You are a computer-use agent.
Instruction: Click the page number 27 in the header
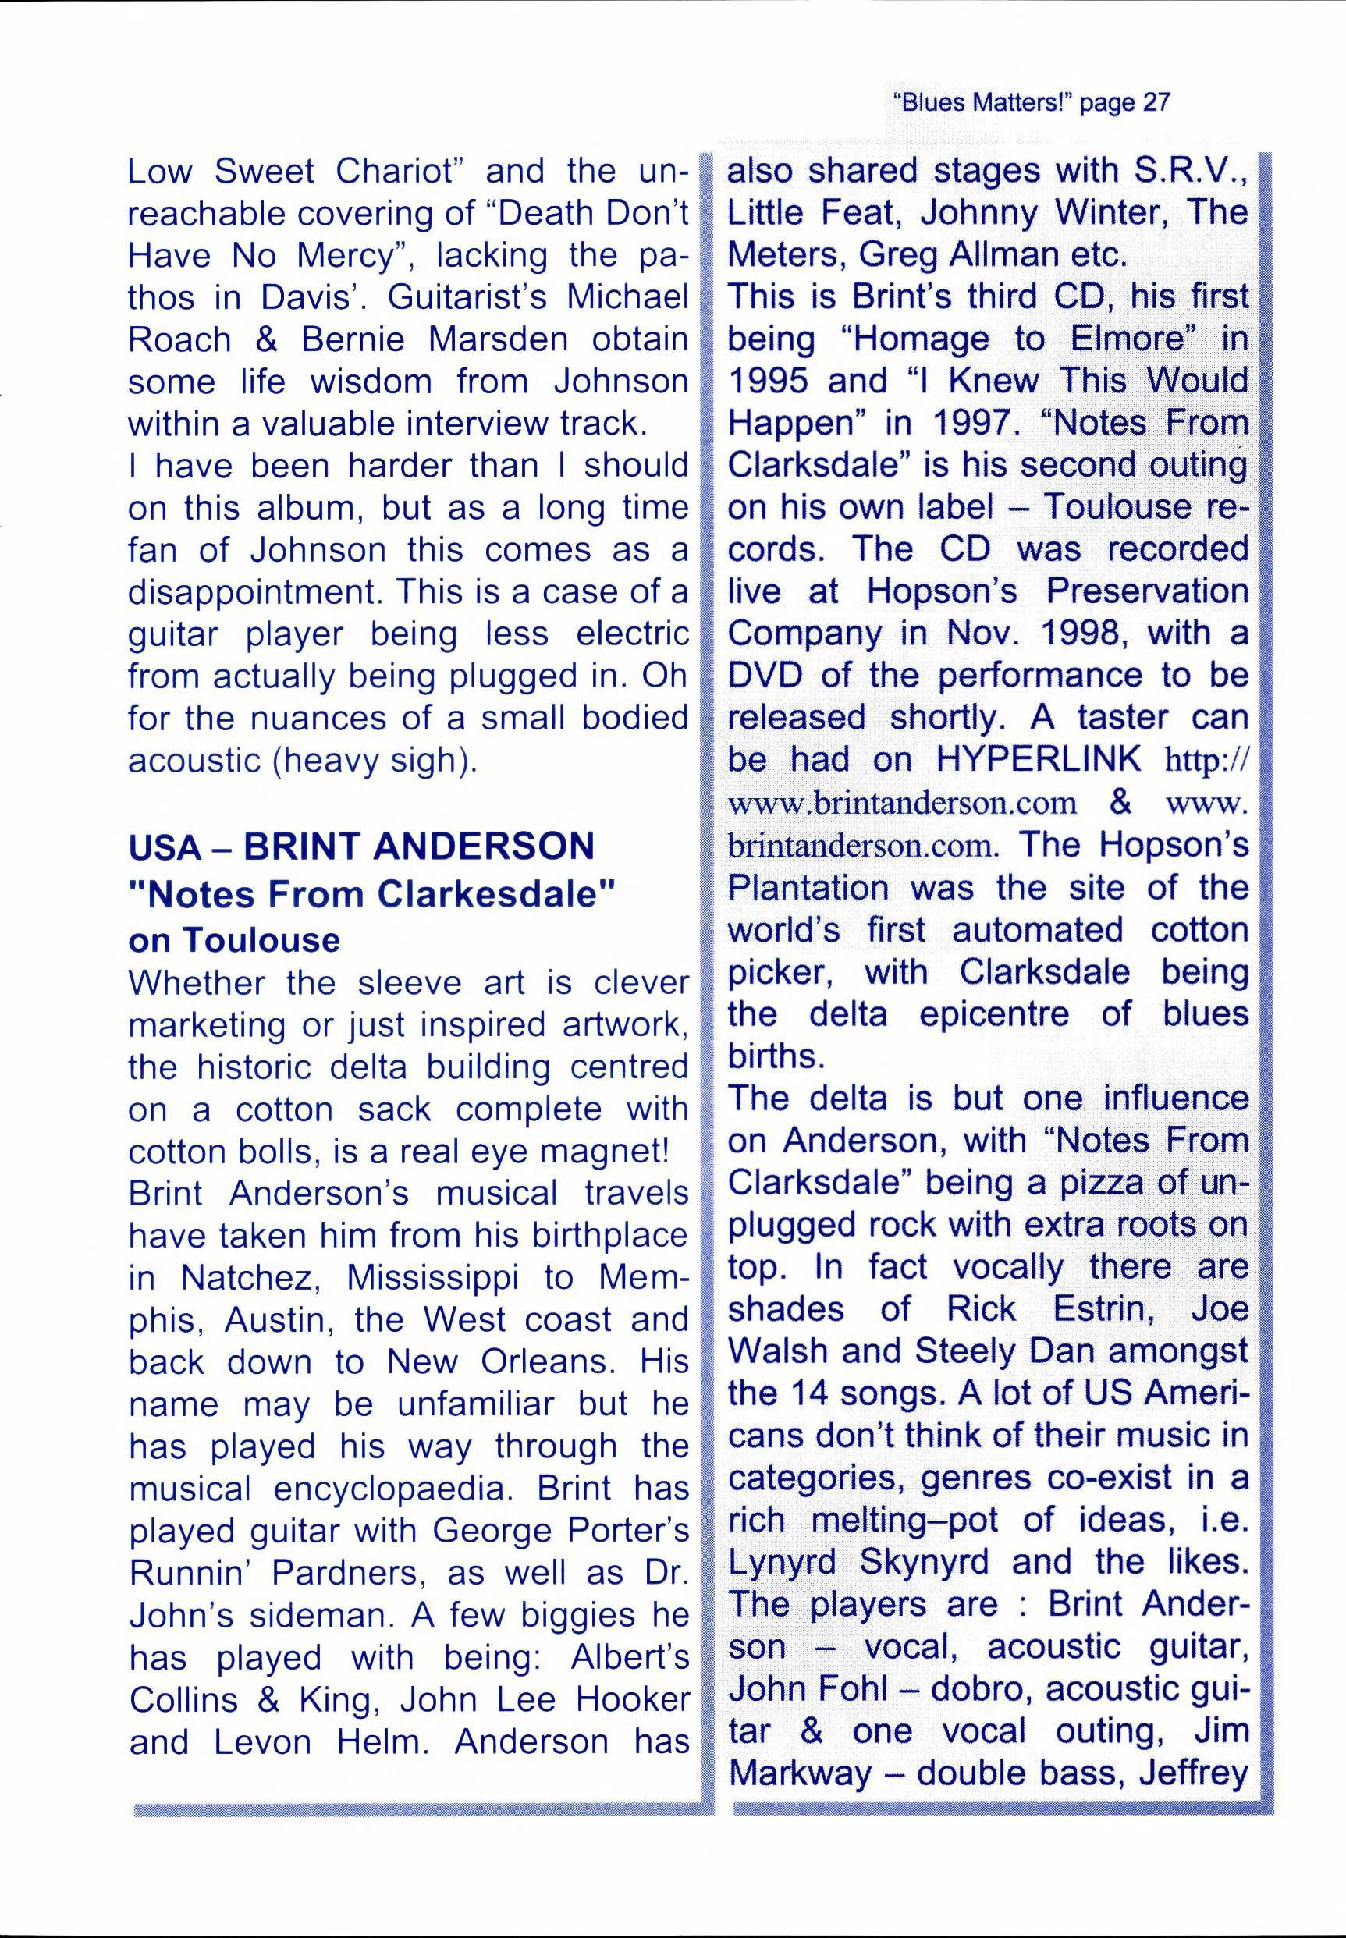pos(1156,103)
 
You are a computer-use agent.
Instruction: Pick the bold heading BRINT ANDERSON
pos(419,847)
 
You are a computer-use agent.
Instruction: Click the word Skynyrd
pos(924,1562)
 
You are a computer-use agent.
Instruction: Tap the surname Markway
pos(800,1773)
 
